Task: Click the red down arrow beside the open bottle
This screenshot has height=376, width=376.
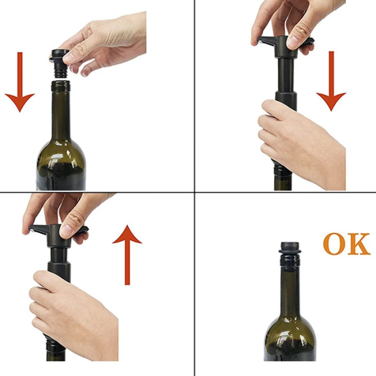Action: pos(20,82)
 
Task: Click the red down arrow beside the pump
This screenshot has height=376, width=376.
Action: pos(331,81)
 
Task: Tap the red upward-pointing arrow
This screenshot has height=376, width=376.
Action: pos(127,255)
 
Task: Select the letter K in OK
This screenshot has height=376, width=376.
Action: pos(359,244)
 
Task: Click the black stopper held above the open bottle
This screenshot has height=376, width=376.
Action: pos(60,63)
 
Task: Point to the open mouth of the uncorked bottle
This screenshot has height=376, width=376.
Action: pos(61,83)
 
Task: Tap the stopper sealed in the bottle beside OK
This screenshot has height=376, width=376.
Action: pos(290,248)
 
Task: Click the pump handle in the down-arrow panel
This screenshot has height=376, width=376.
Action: pos(285,46)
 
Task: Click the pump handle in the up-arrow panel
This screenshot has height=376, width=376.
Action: pos(58,234)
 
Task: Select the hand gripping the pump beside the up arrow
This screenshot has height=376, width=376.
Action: pos(73,314)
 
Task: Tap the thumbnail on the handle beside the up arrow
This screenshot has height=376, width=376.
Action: pos(66,230)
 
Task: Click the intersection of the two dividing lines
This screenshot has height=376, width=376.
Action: pos(194,192)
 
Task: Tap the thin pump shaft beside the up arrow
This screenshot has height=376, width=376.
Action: pos(58,255)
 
